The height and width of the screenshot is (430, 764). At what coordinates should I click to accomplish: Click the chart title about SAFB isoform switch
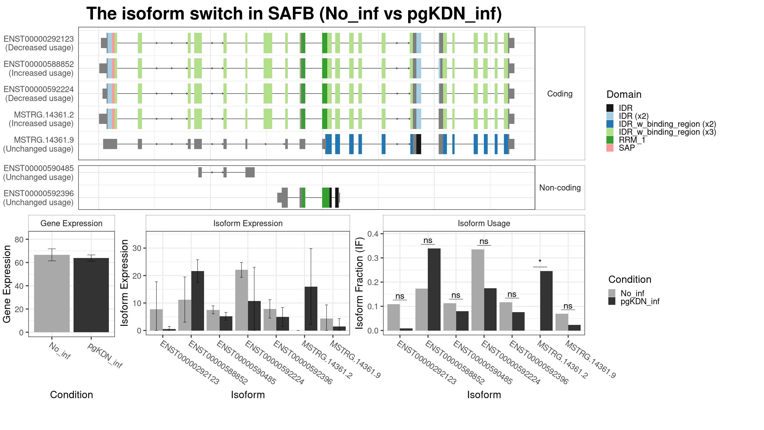(294, 14)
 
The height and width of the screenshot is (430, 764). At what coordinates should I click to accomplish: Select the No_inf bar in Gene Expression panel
(52, 293)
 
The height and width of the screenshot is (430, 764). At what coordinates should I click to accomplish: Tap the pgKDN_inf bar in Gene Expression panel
(91, 295)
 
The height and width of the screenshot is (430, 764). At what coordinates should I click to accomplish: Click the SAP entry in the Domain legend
(627, 148)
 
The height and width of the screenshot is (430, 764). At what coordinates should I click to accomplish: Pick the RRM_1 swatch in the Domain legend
(610, 140)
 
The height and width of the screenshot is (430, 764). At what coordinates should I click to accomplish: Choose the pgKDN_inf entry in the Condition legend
(640, 301)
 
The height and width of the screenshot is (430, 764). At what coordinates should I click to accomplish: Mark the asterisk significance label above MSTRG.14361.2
(540, 262)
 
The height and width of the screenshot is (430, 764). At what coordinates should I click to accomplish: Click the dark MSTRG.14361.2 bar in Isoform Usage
(546, 301)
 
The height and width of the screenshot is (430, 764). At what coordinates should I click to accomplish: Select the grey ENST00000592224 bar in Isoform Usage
(478, 290)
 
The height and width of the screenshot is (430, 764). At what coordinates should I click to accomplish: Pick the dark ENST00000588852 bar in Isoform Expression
(197, 301)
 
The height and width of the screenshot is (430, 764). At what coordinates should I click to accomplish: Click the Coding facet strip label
(560, 94)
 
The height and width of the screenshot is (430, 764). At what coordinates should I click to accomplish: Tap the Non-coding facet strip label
(560, 188)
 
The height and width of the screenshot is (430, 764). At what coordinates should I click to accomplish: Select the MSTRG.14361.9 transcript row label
(39, 144)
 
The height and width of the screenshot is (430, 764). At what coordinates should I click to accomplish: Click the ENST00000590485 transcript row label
(39, 173)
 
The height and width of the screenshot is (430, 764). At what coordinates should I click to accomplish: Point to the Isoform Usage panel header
(484, 223)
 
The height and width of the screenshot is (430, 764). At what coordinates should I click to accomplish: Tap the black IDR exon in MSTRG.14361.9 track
(419, 144)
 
